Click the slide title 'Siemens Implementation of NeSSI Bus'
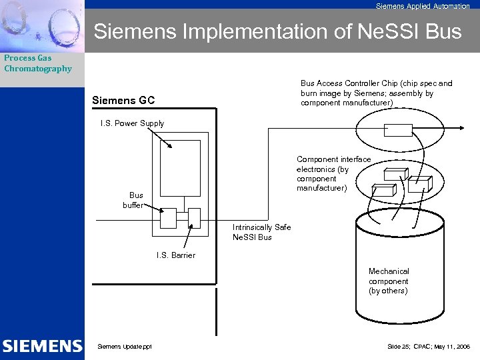(277, 31)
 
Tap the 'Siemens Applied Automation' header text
(423, 6)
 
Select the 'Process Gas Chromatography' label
(38, 63)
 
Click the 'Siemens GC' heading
(123, 101)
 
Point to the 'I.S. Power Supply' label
(132, 123)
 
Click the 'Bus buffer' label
(133, 200)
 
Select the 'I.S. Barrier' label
(176, 255)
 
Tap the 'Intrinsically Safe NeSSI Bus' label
(261, 232)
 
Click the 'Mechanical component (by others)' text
(389, 281)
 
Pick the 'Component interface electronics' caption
(333, 173)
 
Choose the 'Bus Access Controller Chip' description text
(376, 93)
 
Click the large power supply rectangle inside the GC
(175, 167)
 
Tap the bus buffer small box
(168, 217)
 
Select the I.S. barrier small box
(194, 217)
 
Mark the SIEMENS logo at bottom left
(42, 346)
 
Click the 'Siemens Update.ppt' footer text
(125, 347)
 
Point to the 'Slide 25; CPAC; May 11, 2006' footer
(429, 347)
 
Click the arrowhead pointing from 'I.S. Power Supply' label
(170, 147)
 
